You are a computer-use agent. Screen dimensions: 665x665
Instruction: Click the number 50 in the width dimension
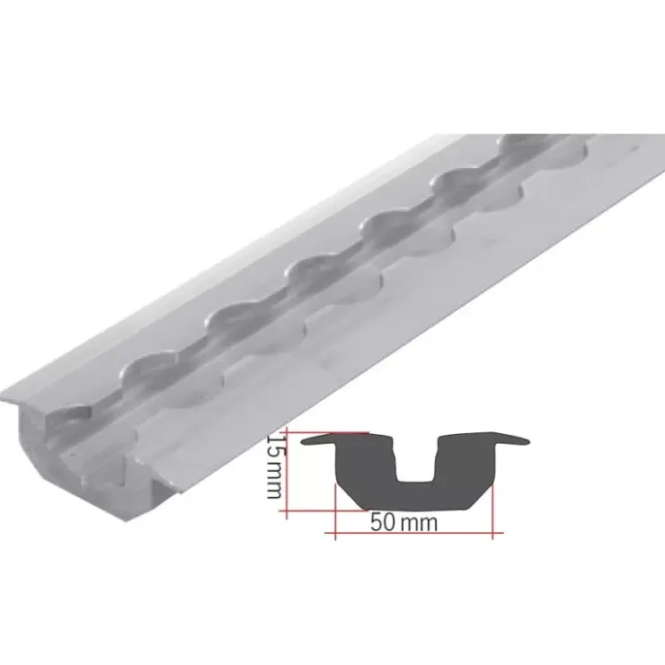[x=383, y=522]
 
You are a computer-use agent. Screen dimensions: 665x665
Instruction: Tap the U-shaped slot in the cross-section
[x=415, y=462]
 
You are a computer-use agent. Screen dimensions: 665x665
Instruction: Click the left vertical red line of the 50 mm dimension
[x=335, y=512]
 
